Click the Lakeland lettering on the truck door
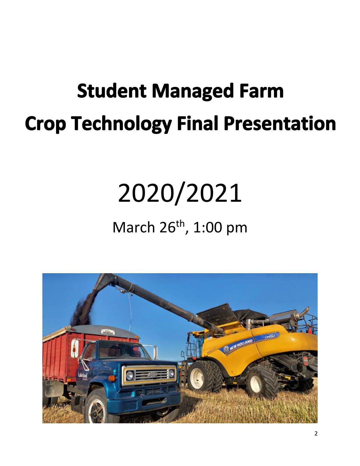[83, 373]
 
